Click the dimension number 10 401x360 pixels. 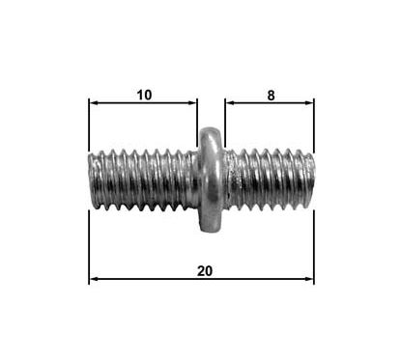[x=144, y=94]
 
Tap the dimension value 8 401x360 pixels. [x=271, y=94]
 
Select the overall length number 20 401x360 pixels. [x=204, y=271]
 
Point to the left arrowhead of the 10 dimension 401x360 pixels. [x=93, y=101]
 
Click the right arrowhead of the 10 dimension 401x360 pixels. [x=193, y=101]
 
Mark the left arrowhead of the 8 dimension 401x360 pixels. [x=230, y=101]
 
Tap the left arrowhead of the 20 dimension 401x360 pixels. [x=94, y=280]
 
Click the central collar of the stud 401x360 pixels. [x=211, y=180]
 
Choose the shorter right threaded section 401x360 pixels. [x=271, y=180]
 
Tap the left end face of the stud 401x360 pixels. [x=92, y=180]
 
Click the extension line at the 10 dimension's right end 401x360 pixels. [x=198, y=116]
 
